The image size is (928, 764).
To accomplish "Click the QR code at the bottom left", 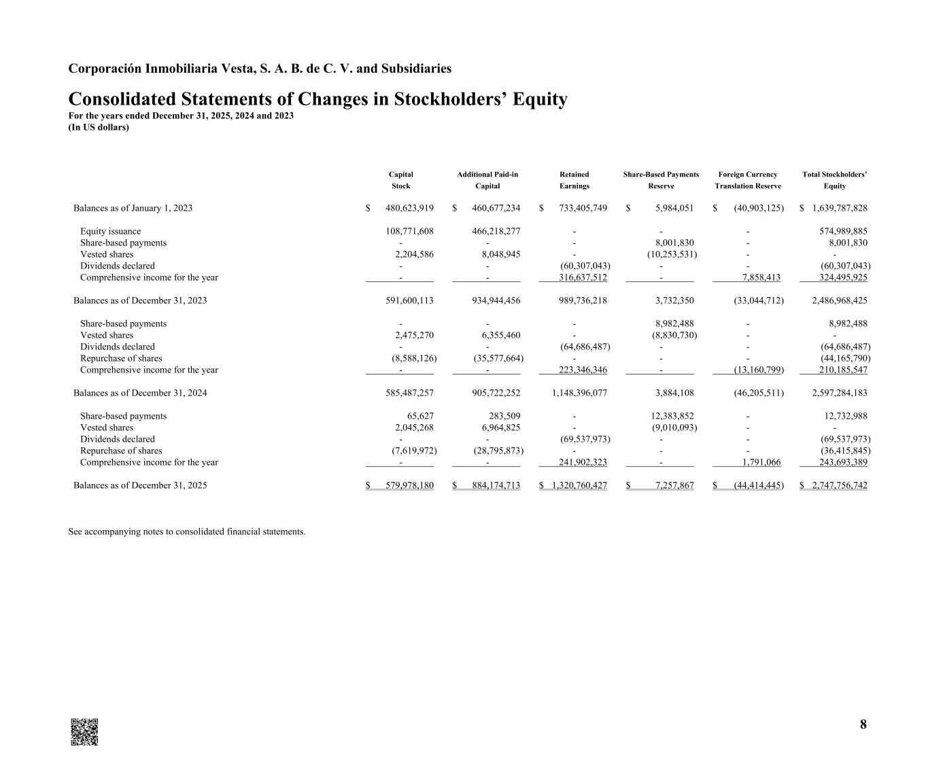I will point(84,731).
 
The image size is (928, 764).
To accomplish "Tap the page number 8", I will point(863,725).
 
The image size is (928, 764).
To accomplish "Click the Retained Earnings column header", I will point(574,180).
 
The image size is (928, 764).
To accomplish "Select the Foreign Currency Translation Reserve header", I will point(748,180).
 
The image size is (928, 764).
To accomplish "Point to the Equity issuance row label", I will point(110,232).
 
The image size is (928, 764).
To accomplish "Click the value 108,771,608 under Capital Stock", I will point(409,232).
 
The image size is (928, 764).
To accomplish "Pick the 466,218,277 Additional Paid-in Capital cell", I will point(496,232).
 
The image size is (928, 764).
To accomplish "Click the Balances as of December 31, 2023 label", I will point(140,300).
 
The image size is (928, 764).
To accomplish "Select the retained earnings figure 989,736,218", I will point(583,300).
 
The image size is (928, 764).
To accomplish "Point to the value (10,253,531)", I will point(671,255).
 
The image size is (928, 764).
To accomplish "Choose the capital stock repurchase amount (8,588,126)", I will point(413,359).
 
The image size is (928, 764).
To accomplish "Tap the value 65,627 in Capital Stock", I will point(419,417).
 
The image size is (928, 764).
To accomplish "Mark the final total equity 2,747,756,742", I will point(839,486).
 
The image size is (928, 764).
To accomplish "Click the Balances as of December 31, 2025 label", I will point(140,486).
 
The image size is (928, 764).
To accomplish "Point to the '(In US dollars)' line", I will point(99,127).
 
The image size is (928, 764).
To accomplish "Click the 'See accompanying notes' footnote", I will point(186,532).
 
